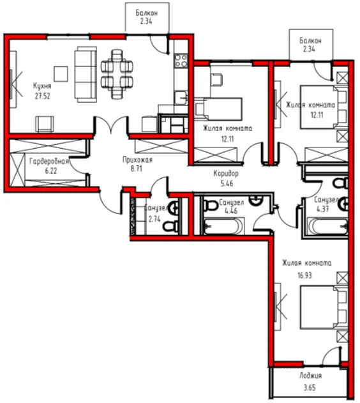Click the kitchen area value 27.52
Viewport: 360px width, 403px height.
click(42, 96)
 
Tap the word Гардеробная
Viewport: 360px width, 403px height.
click(49, 162)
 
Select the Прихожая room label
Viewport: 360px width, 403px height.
click(137, 160)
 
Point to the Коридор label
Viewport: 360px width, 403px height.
click(226, 174)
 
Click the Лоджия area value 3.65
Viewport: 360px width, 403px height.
click(310, 387)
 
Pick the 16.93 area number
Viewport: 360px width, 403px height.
click(304, 275)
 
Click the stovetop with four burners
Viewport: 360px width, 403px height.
click(181, 61)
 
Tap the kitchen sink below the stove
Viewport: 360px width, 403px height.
click(181, 98)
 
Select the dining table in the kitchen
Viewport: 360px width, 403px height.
click(117, 74)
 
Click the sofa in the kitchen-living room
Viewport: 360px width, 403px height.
click(86, 75)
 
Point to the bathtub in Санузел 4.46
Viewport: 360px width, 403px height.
click(223, 227)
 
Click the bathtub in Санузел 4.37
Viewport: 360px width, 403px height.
click(327, 226)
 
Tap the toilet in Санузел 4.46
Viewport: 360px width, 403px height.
click(211, 205)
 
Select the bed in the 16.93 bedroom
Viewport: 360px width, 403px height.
click(324, 307)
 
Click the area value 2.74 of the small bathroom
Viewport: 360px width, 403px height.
click(154, 219)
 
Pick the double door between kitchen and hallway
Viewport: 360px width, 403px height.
click(111, 125)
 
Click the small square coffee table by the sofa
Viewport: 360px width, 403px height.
click(61, 74)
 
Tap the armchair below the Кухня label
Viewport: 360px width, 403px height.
click(45, 125)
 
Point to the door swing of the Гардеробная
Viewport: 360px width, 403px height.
click(78, 165)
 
